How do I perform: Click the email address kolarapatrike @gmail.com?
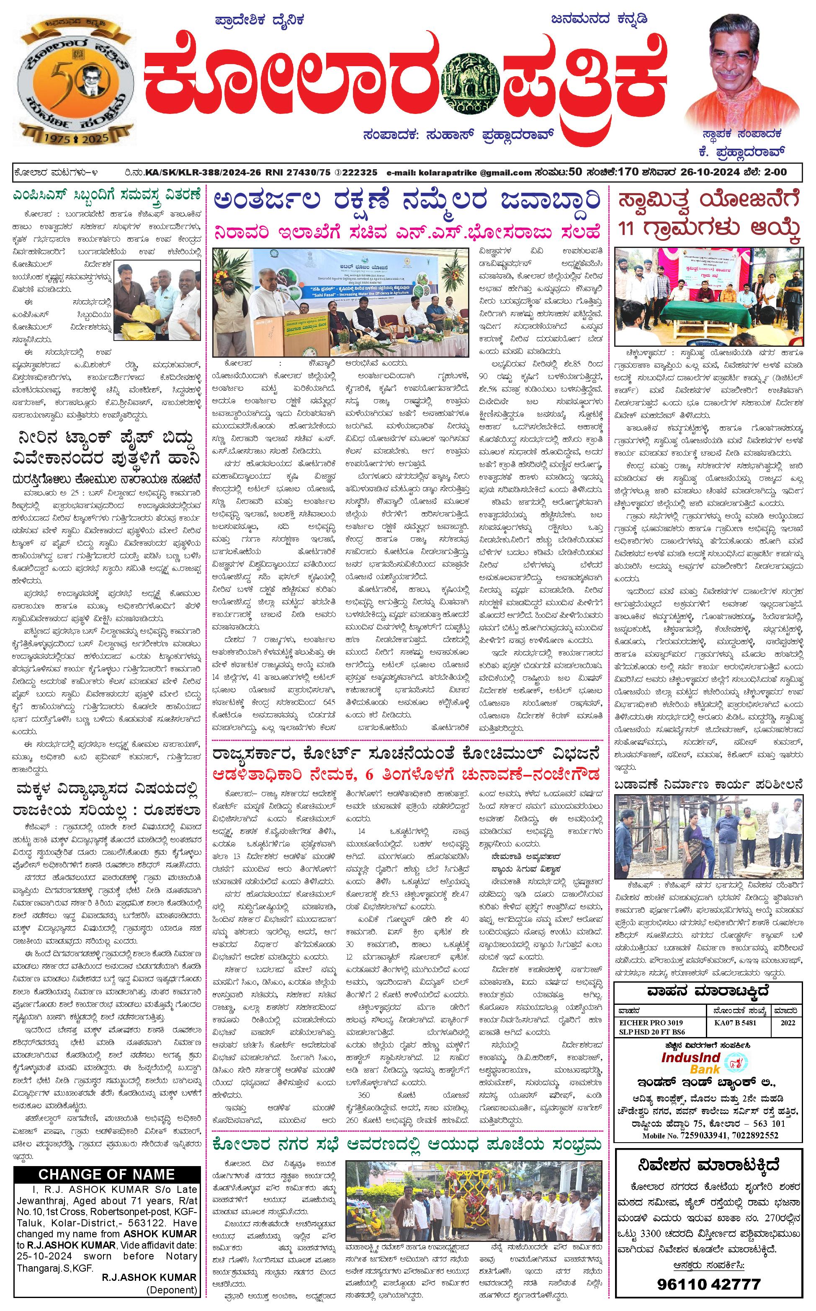459,173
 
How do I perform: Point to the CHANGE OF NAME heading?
106,1174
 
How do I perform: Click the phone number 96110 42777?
708,1284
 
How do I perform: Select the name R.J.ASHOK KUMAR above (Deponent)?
149,1277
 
